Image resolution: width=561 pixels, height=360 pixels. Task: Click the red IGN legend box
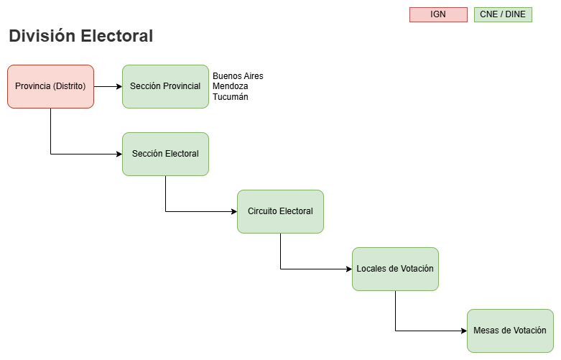(x=437, y=14)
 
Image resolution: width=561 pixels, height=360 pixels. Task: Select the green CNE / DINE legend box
(x=503, y=14)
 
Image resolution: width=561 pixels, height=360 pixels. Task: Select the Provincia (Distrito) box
(x=50, y=86)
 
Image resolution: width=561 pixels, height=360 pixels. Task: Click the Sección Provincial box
(x=165, y=86)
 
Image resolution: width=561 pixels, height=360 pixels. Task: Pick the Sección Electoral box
(x=165, y=154)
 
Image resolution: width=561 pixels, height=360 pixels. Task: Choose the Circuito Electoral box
(x=280, y=211)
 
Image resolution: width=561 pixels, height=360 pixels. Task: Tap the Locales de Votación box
(x=395, y=269)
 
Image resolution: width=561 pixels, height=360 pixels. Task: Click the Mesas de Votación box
(x=510, y=331)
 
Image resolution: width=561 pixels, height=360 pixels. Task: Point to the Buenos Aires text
(x=238, y=76)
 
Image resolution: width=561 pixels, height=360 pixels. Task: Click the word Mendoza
(x=230, y=86)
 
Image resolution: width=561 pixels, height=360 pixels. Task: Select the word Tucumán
(x=230, y=96)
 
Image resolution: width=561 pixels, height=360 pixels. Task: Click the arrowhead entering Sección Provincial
(x=119, y=86)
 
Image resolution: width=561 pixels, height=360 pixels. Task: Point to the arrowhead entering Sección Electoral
(x=119, y=154)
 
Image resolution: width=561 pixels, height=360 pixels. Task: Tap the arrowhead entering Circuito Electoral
(x=233, y=211)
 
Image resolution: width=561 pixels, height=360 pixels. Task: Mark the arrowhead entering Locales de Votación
(x=348, y=269)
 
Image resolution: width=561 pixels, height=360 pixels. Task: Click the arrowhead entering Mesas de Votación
(x=463, y=331)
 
